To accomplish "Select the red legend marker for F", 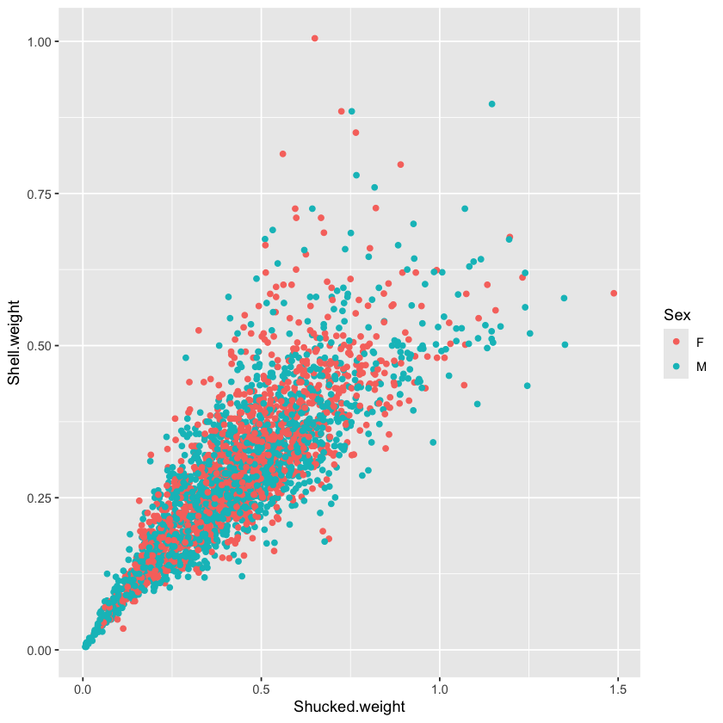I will tap(675, 342).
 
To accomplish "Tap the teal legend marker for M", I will tap(675, 367).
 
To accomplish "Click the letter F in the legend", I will tap(700, 342).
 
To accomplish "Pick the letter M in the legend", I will tap(701, 367).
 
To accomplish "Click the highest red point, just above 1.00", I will tap(315, 39).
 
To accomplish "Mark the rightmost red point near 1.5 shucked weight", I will tap(614, 294).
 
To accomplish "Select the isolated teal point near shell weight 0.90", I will tap(492, 104).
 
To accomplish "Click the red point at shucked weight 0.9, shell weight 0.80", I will tap(400, 164).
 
